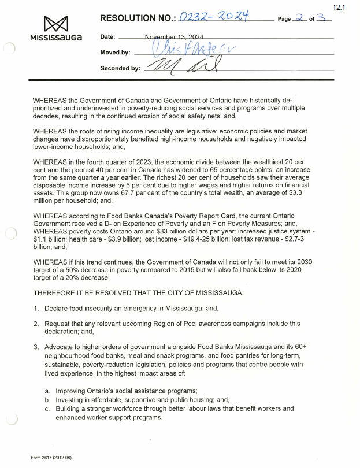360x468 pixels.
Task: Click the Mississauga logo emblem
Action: [x=55, y=24]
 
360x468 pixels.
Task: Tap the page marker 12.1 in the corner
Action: [x=339, y=7]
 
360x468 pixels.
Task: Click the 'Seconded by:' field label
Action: [x=120, y=68]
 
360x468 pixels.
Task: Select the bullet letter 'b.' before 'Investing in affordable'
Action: [x=47, y=400]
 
